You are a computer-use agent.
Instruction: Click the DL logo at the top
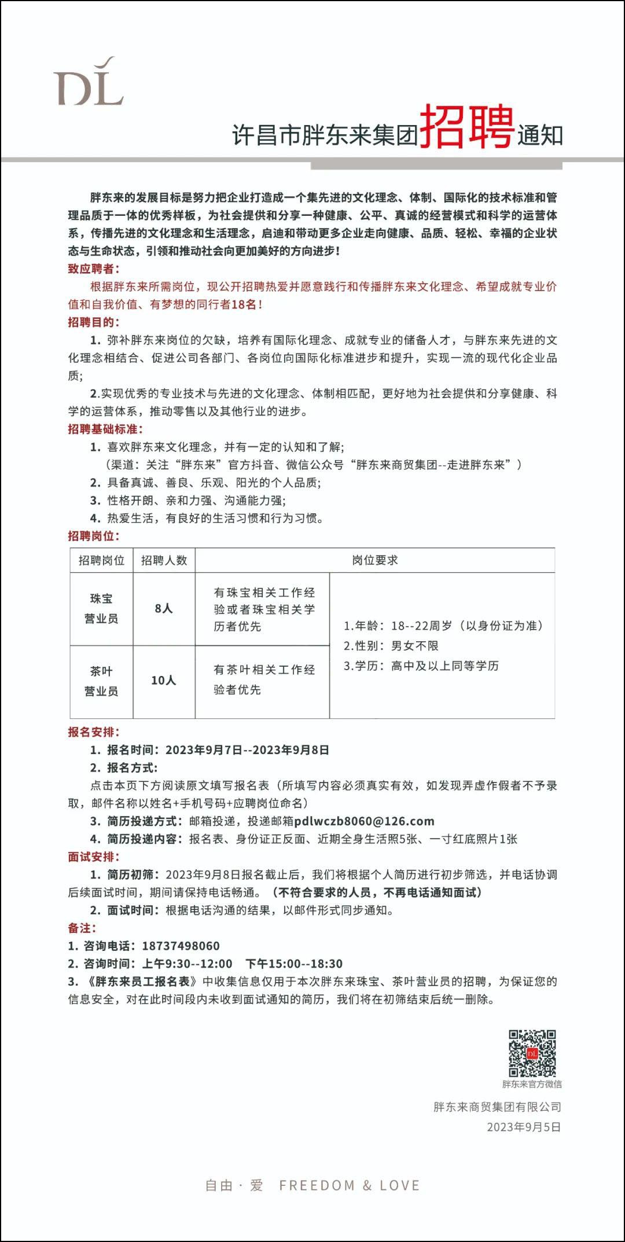coord(89,82)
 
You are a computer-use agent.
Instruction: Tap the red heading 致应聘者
coord(94,269)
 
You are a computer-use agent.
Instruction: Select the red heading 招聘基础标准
coord(105,429)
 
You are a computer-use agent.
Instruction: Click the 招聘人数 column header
coord(164,560)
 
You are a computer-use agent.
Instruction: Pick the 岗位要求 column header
coord(375,560)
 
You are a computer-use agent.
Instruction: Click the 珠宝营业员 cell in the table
coord(101,608)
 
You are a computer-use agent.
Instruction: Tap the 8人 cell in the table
coord(164,608)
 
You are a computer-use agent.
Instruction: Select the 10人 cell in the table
coord(164,681)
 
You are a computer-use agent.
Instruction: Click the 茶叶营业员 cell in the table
coord(101,681)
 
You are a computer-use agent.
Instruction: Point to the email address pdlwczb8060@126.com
coord(364,821)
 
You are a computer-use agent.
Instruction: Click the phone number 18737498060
coord(181,946)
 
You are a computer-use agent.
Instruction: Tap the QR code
coord(532,1053)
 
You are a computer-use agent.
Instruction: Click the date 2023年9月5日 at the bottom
coord(524,1127)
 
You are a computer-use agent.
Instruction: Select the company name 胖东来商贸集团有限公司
coord(497,1107)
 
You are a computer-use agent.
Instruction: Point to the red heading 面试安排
coord(94,857)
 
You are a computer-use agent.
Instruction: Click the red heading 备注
coord(82,928)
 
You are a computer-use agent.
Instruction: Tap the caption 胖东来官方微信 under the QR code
coord(532,1084)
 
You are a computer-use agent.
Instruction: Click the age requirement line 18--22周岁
coord(443,626)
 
